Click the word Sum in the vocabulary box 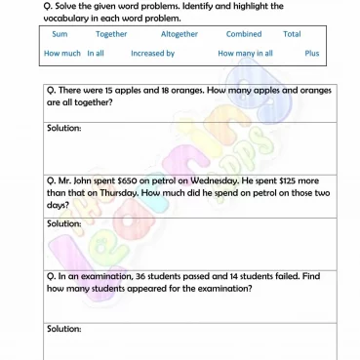[60, 34]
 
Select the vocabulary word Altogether [179, 34]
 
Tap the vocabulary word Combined [243, 34]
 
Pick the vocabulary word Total [292, 34]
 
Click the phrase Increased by [152, 54]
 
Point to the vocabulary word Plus [311, 54]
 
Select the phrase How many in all [245, 54]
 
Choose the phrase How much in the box [62, 54]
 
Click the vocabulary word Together [111, 34]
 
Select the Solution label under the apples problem [63, 128]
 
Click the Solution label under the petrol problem [63, 223]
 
